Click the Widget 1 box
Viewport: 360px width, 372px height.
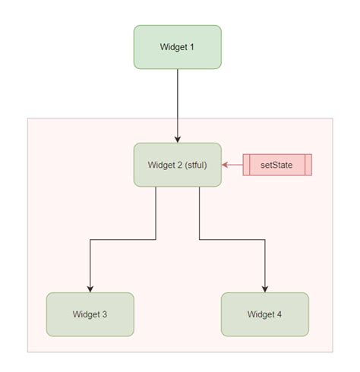tap(178, 47)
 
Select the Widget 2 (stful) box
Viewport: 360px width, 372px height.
tap(178, 165)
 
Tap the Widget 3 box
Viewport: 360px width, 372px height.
tap(90, 314)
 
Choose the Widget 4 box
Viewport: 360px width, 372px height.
tap(265, 314)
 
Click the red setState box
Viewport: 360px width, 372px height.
tap(277, 165)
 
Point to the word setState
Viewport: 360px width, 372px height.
tap(277, 165)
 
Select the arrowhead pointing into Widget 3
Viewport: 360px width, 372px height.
tap(90, 288)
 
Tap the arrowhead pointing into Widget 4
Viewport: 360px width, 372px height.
tap(265, 288)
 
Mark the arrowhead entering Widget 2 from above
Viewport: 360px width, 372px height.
tap(178, 139)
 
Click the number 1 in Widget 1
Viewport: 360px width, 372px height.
tap(192, 47)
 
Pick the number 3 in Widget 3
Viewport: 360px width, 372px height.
tap(105, 314)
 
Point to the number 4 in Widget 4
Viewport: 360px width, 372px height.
tap(279, 314)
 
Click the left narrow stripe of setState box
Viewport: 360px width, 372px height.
tap(246, 165)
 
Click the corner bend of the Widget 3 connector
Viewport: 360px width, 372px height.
tap(90, 240)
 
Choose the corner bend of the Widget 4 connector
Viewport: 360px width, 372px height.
tap(265, 240)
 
